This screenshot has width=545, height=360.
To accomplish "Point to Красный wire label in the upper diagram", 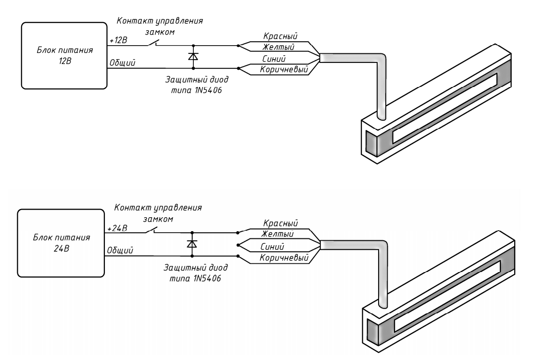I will pyautogui.click(x=280, y=37).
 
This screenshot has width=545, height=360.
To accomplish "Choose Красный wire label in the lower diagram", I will pyautogui.click(x=281, y=223).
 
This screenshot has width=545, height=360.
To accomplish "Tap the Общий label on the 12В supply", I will pyautogui.click(x=123, y=62).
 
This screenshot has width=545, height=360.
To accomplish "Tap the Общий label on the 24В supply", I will pyautogui.click(x=120, y=249).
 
